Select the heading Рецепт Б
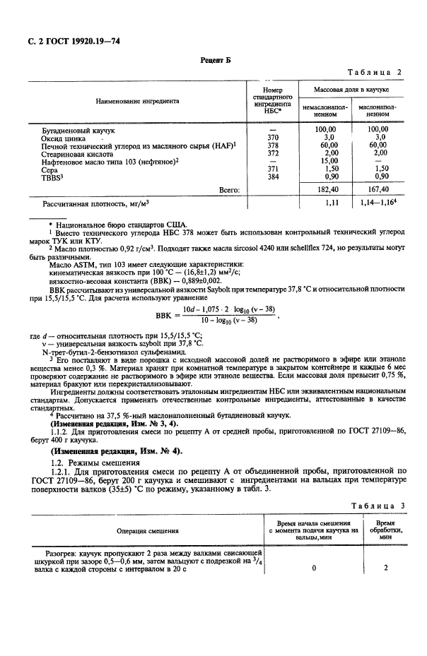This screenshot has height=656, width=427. pyautogui.click(x=213, y=61)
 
